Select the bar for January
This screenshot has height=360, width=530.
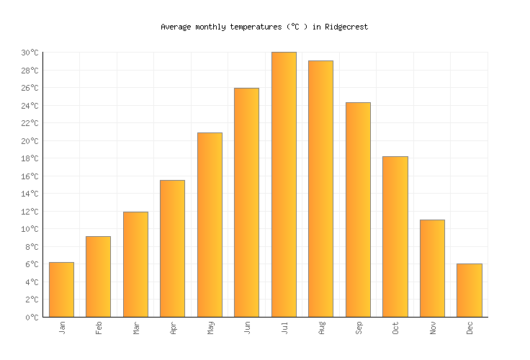61,289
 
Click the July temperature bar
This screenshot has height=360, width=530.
284,184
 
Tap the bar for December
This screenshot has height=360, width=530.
469,290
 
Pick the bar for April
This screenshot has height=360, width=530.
172,248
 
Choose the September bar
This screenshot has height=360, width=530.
358,210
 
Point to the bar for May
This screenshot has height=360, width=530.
210,225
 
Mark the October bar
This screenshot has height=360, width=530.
395,236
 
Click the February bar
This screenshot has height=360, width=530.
98,276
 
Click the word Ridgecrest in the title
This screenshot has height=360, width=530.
346,27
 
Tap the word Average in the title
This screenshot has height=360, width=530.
176,27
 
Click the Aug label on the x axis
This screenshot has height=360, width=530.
321,328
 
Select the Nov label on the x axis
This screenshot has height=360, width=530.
433,328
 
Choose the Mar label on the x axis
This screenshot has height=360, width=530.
136,328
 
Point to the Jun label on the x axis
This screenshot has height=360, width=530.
247,328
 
